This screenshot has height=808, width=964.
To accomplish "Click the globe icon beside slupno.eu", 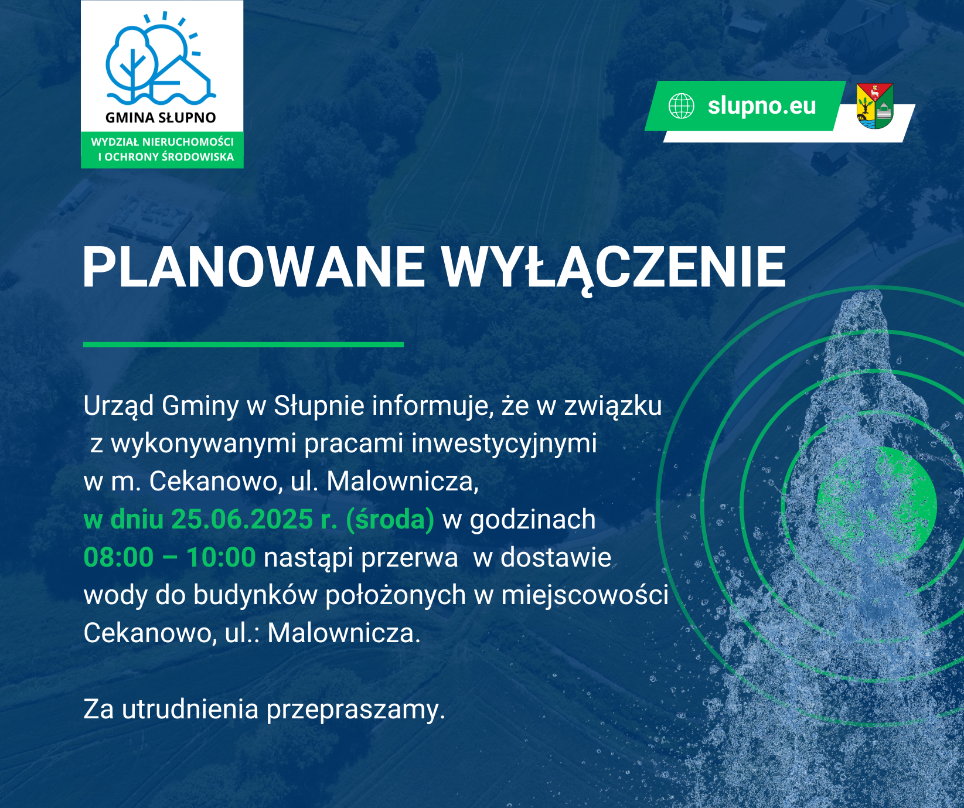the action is [x=682, y=106].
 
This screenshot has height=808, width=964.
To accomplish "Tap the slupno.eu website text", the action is [x=762, y=106].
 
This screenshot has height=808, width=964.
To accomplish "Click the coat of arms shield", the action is [x=874, y=106].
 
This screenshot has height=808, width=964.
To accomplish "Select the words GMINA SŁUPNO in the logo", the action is [x=161, y=118].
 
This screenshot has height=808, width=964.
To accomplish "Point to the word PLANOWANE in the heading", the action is [x=254, y=267].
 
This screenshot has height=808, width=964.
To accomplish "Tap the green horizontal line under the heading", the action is [x=243, y=345].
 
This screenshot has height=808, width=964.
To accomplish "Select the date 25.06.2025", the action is [x=242, y=519].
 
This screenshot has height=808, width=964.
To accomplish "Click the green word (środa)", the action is [x=390, y=520].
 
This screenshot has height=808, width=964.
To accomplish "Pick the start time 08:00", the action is [x=118, y=557].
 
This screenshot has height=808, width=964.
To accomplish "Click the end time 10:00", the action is [x=221, y=557].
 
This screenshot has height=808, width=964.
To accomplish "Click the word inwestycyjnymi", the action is [x=504, y=444].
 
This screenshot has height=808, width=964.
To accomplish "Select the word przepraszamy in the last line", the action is [x=356, y=710].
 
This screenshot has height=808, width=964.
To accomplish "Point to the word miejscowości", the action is [x=585, y=596].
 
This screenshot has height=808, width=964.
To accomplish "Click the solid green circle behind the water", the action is [x=877, y=505].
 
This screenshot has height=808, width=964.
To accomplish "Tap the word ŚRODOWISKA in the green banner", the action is [x=197, y=157].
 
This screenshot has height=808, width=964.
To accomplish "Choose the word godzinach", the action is [x=533, y=520].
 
